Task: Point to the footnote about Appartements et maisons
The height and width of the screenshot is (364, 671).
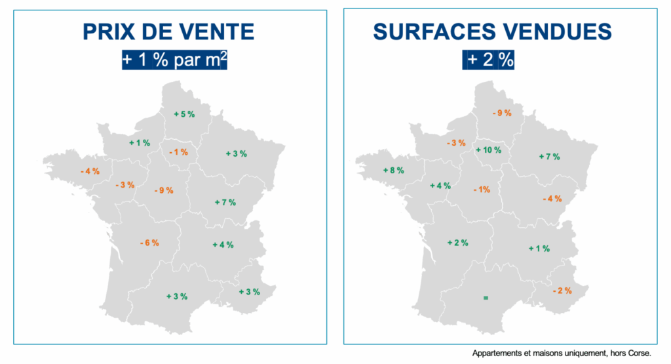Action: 562,353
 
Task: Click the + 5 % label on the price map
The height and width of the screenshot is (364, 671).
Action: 184,114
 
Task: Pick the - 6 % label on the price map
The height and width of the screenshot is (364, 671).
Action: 149,243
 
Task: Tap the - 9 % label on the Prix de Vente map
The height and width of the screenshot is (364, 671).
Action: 163,191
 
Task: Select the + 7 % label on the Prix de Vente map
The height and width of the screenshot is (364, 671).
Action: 225,202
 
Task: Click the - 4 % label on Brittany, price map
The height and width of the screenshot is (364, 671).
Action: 90,171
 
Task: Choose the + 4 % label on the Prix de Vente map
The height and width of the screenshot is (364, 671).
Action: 223,245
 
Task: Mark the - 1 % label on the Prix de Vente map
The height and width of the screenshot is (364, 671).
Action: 178,152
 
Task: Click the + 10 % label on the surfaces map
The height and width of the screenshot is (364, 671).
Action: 488,150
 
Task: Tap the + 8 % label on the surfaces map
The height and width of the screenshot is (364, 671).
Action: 393,171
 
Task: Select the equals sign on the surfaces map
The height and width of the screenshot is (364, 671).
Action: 486,298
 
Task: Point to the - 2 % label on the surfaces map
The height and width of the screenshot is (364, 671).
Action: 562,291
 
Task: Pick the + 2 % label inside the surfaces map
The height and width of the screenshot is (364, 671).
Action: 457,243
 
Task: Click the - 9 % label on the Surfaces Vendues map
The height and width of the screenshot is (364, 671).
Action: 501,113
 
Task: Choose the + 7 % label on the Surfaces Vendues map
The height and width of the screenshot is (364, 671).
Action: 549,157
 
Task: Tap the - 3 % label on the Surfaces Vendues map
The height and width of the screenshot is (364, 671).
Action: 455,143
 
